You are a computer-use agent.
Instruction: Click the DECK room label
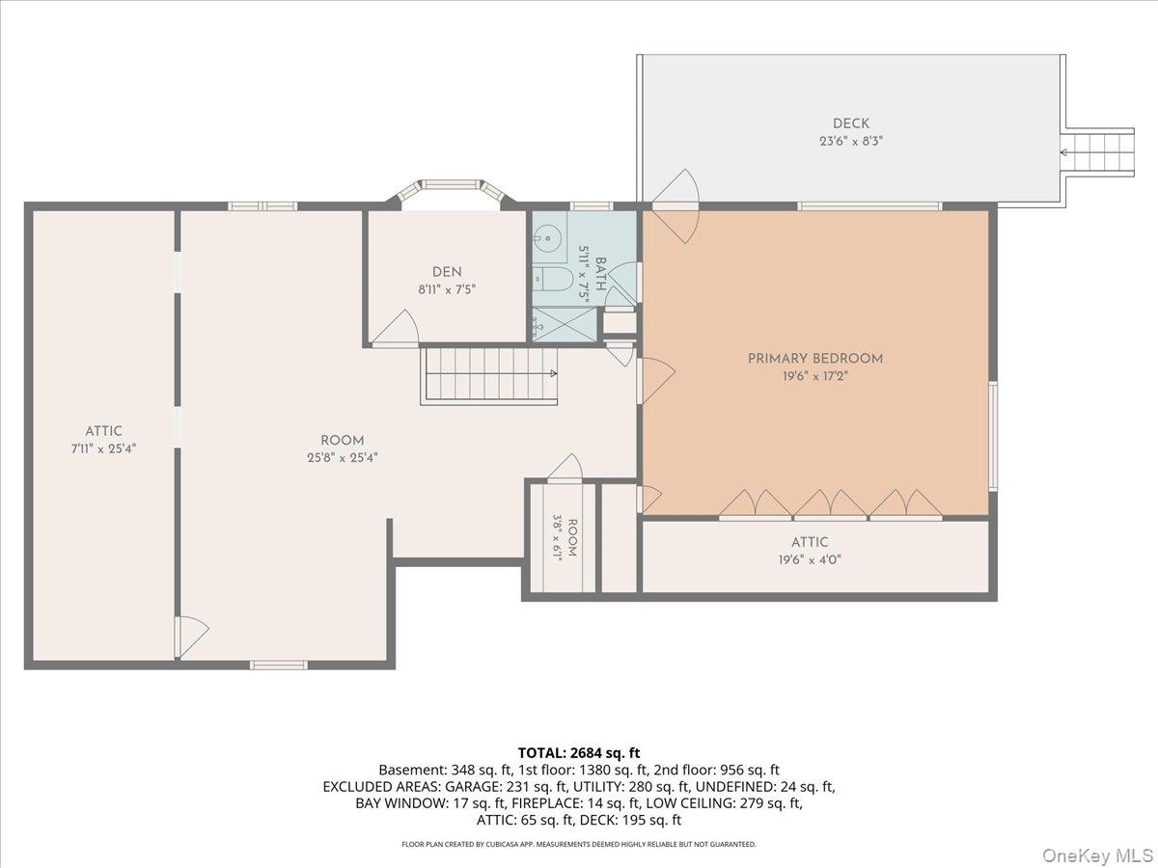click(851, 123)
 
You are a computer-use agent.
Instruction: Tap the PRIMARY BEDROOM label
click(815, 359)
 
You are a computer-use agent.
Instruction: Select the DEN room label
click(447, 272)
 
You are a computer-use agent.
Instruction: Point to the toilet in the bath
click(552, 280)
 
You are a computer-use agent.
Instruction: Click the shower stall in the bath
click(565, 324)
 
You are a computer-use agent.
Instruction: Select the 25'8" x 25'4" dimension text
click(343, 458)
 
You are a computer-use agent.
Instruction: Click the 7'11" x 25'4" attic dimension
click(104, 449)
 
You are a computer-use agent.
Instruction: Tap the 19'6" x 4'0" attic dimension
click(810, 559)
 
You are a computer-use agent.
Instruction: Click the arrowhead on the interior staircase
click(554, 373)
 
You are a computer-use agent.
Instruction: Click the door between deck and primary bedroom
click(675, 206)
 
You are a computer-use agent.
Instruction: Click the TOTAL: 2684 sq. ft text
click(579, 752)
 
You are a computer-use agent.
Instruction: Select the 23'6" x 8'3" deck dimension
click(851, 141)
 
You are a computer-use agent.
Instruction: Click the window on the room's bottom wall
click(279, 665)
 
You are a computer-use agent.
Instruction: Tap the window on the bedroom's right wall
click(993, 436)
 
